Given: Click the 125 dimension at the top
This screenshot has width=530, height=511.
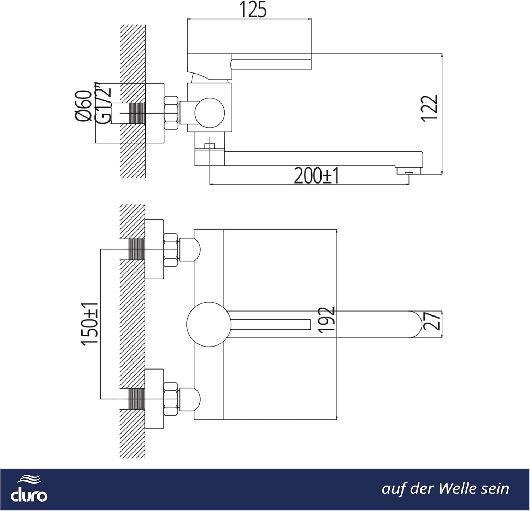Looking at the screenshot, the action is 253,10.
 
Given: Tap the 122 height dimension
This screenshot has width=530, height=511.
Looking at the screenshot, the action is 430,109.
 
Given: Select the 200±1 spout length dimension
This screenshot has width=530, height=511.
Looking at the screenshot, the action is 317,176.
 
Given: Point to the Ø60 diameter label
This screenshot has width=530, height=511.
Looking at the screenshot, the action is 84,106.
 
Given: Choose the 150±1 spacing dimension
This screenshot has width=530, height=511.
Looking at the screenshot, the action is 90,324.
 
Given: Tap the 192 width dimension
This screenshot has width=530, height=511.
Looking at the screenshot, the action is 326,320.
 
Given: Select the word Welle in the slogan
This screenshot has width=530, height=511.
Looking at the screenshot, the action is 455,489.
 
